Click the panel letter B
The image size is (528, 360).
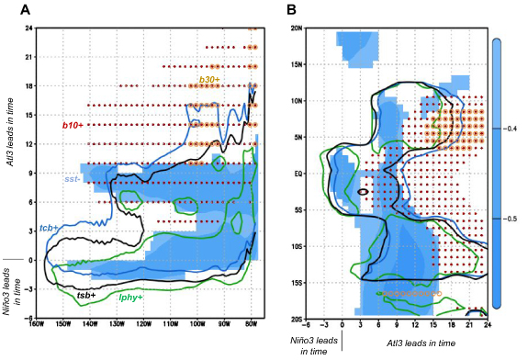pyautogui.click(x=290, y=9)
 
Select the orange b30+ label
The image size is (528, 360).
pyautogui.click(x=209, y=81)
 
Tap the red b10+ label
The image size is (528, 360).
pyautogui.click(x=73, y=124)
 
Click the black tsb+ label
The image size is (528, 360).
pyautogui.click(x=86, y=295)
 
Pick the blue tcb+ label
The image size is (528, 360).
pyautogui.click(x=51, y=227)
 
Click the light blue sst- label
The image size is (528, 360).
pyautogui.click(x=73, y=179)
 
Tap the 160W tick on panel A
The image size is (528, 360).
pyautogui.click(x=36, y=323)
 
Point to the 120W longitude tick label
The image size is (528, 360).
pyautogui.click(x=144, y=323)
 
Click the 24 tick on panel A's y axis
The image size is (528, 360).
pyautogui.click(x=29, y=28)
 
